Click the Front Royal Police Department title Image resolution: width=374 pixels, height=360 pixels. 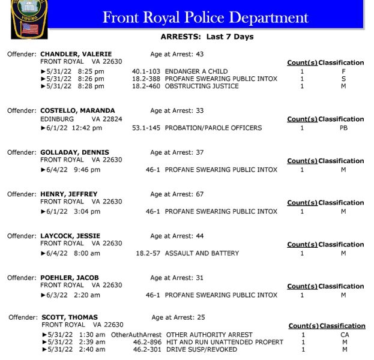205,17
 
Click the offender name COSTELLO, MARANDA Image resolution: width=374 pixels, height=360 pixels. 77,110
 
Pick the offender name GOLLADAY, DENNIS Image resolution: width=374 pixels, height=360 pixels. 75,152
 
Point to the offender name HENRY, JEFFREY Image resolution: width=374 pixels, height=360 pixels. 68,194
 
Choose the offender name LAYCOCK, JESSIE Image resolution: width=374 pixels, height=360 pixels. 70,236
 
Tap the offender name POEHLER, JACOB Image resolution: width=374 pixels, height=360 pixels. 69,278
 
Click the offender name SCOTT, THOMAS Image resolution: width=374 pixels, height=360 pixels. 70,317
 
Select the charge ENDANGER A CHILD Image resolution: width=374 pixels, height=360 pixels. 196,71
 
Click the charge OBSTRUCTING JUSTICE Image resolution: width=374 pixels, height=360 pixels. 202,86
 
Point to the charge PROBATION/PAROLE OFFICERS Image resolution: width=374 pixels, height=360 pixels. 213,128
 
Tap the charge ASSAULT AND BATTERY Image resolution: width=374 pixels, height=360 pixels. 202,253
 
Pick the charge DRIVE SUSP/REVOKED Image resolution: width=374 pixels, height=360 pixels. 201,349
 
